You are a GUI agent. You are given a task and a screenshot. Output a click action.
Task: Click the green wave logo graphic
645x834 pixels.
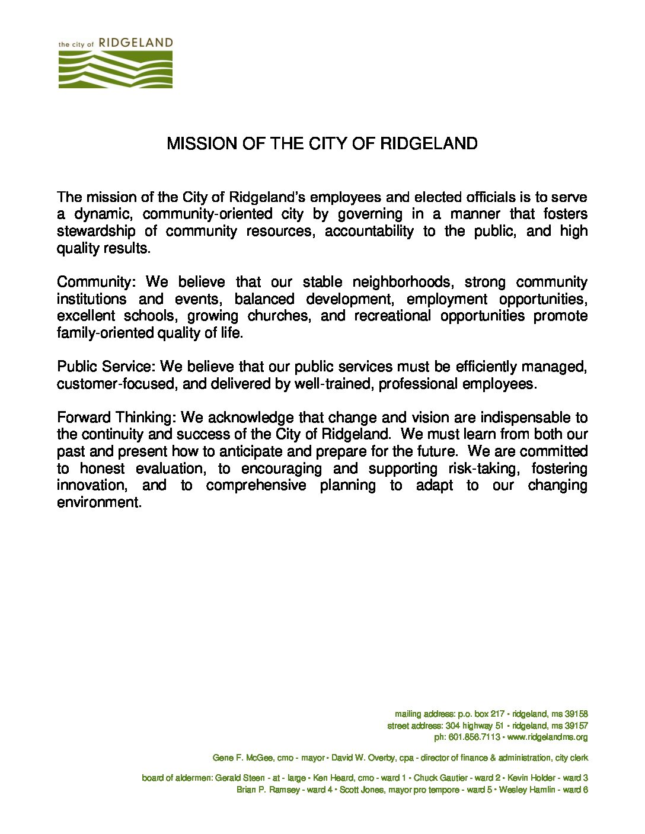click(x=115, y=69)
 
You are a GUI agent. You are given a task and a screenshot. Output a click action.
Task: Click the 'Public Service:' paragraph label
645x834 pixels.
click(x=107, y=367)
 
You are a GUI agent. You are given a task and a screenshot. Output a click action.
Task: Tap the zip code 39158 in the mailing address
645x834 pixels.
click(x=576, y=714)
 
